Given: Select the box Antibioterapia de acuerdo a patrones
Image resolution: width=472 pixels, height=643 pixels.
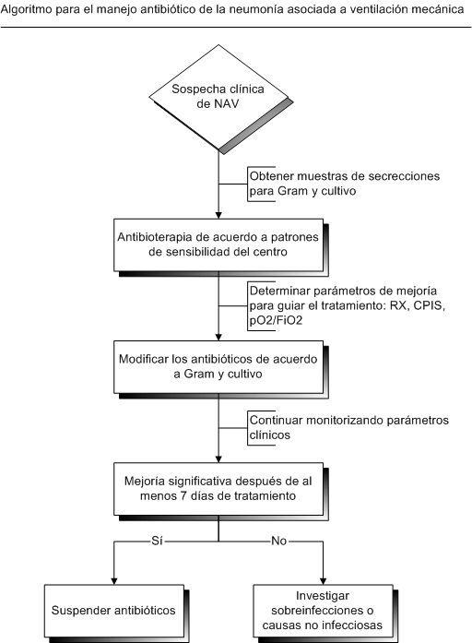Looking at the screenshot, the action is point(218,244).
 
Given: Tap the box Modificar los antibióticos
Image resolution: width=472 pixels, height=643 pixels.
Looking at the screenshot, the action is point(218,366).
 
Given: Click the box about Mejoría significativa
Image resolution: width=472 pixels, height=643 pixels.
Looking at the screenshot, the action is point(218,489).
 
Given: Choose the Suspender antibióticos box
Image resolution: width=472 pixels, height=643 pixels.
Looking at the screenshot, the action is point(114,611).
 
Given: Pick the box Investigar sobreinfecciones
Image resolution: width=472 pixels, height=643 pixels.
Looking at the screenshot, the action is point(323,611).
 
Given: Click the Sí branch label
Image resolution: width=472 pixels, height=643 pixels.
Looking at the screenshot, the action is point(158,541).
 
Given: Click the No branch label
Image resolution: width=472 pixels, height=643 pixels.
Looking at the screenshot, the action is point(279,541).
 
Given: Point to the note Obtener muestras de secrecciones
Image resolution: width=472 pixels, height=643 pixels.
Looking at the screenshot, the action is point(344,184).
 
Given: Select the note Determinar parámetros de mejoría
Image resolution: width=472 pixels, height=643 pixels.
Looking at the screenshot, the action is point(347,306).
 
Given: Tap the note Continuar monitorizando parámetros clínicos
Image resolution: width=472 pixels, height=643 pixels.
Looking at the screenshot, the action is point(348,428).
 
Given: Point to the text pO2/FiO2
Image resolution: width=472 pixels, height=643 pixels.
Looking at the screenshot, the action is point(277,320).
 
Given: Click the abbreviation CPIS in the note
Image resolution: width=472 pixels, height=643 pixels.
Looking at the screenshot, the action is point(430,305).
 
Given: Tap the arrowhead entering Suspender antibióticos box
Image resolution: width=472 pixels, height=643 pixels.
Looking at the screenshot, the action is point(114,581).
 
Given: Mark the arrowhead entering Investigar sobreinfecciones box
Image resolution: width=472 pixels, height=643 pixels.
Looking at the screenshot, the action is point(323,581).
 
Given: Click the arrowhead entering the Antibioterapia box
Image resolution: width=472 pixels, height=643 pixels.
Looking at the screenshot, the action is point(218,215).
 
